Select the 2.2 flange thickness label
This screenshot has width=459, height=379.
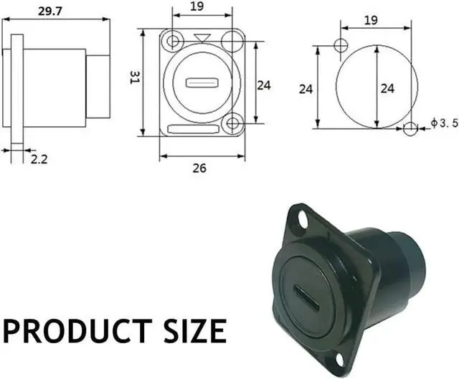[39, 159]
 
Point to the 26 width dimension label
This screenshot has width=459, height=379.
[199, 168]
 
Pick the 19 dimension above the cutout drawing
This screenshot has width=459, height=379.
[372, 20]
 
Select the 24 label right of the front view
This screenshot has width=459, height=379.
[264, 85]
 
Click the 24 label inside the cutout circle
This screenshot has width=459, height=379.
[387, 89]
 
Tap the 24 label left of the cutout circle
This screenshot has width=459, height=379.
[306, 89]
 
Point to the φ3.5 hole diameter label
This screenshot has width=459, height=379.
[444, 123]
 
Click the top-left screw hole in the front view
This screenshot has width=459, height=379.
[171, 42]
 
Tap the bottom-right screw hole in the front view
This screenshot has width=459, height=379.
[232, 124]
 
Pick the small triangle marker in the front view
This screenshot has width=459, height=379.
[202, 37]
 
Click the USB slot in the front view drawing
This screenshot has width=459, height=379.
[202, 82]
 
